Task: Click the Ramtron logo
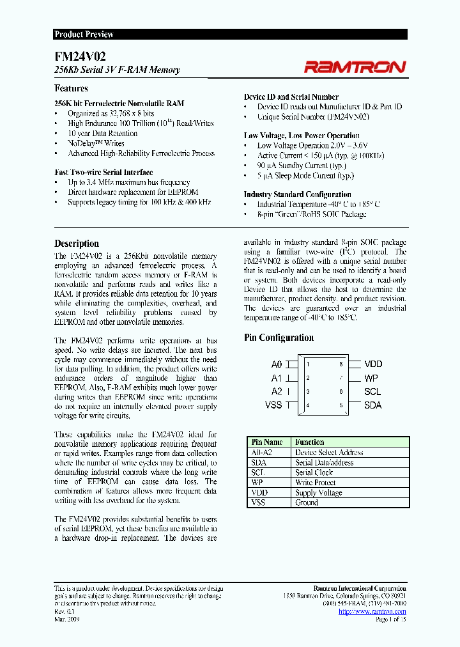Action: (355, 66)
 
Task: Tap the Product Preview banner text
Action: (84, 35)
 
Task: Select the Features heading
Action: (71, 88)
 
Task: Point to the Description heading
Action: (77, 244)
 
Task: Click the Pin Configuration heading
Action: (279, 338)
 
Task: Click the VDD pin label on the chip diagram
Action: (373, 364)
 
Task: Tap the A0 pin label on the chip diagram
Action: (276, 364)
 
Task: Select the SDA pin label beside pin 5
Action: (372, 405)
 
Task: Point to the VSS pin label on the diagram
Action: (273, 405)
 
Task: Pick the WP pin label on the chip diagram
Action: (371, 378)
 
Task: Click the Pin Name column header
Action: (267, 442)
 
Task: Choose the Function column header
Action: (309, 442)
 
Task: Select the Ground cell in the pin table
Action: (307, 503)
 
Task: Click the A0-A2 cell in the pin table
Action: (263, 452)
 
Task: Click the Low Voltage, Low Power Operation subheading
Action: (302, 136)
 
